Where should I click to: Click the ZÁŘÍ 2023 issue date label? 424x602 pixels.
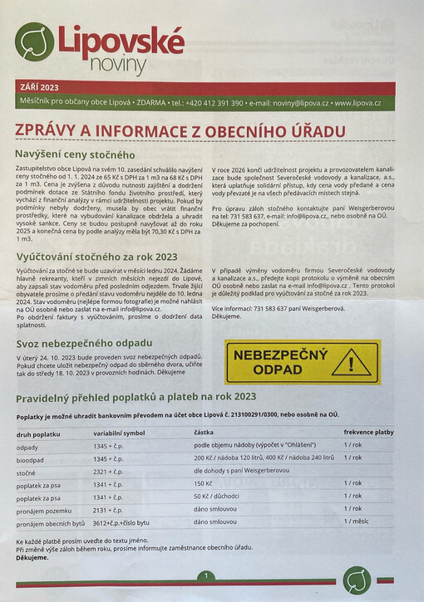tap(40, 87)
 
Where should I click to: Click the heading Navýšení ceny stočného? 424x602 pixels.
tap(75, 154)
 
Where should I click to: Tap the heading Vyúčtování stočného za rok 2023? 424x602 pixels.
tap(98, 257)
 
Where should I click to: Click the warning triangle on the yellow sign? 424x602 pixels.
tap(357, 362)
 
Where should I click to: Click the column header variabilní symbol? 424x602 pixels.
tap(119, 433)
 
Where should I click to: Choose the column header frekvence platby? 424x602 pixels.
tap(368, 433)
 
